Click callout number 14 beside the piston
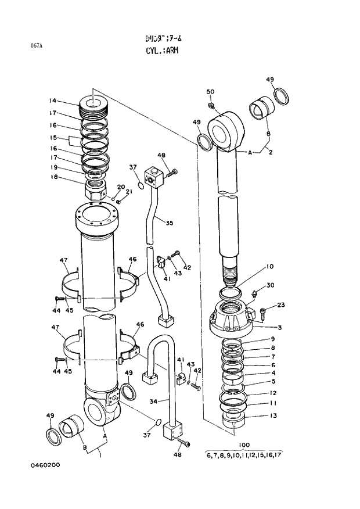point(53,101)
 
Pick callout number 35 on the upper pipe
point(169,223)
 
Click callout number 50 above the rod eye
point(210,92)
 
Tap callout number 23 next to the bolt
point(280,304)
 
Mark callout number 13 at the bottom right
point(272,415)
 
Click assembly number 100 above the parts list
point(244,445)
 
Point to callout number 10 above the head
point(269,267)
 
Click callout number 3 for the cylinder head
point(279,328)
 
